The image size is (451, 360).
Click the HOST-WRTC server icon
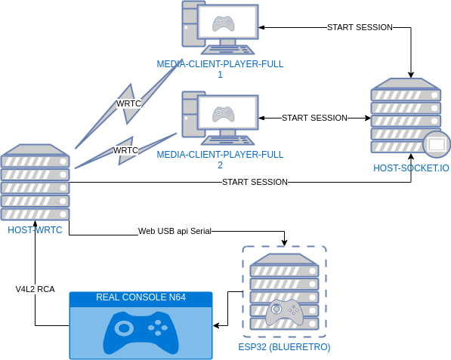coord(35,182)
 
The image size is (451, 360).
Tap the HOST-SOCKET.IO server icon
coord(406,117)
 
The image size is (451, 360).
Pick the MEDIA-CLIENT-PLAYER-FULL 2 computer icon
coord(220,118)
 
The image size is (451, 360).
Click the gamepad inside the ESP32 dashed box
coord(283,312)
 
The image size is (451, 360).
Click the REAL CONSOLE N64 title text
coord(141,298)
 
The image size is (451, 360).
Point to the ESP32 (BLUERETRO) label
coord(283,347)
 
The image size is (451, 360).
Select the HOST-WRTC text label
coord(35,229)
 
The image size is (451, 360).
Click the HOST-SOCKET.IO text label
coord(411,168)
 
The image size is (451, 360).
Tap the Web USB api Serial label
coord(174,230)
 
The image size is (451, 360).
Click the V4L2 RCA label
coord(35,289)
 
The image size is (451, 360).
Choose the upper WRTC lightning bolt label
coord(128,103)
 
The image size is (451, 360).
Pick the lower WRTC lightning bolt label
coord(125,150)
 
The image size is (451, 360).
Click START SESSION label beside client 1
coord(360,27)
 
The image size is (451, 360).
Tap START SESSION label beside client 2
coord(314,118)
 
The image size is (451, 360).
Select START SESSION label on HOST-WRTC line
coord(255,182)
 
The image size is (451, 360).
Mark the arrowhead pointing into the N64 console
coord(218,326)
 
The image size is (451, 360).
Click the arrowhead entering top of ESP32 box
coord(283,242)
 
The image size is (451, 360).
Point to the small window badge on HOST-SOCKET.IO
coord(436,143)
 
